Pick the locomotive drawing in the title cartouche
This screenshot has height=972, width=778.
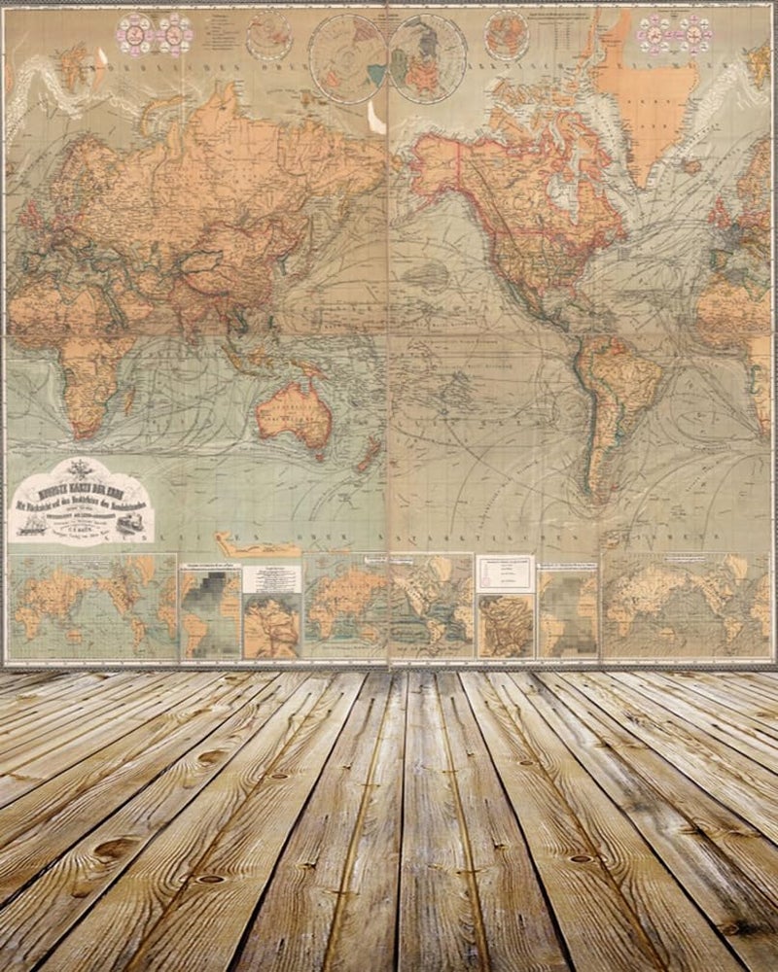click(130, 525)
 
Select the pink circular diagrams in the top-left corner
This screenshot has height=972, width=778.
click(154, 34)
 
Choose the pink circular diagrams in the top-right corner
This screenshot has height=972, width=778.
click(675, 34)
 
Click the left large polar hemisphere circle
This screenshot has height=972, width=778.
click(348, 58)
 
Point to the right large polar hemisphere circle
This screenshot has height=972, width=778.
click(428, 58)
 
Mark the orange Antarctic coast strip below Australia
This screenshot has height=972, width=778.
click(258, 544)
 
